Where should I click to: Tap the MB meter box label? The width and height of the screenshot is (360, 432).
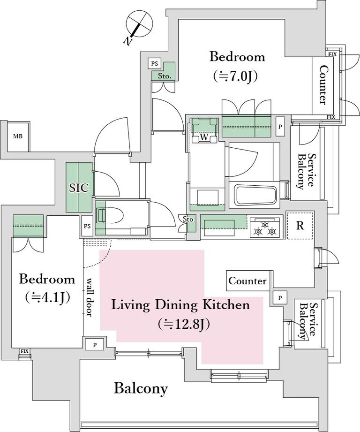point(18,136)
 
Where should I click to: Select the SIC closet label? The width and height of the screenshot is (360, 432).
point(79,188)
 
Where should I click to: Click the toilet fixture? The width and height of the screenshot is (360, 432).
point(110,215)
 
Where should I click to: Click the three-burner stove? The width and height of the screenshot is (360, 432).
point(265,227)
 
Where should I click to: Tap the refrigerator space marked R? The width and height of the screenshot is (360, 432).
point(300,225)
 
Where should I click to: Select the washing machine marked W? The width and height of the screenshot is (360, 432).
point(204,130)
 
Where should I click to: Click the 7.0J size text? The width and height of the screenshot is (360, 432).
point(236,76)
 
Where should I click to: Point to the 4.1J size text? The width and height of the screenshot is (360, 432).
point(47,297)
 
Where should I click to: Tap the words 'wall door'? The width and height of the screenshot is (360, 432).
point(89,297)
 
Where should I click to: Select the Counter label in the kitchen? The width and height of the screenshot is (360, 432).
point(247,281)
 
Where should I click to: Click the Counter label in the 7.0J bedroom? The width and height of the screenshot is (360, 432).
point(322,85)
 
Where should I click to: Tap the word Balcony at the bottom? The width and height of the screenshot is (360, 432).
point(141,389)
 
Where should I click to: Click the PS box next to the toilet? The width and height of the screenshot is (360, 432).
point(87,226)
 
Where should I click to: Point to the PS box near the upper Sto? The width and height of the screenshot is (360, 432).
point(154,64)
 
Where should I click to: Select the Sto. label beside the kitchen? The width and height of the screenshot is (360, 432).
point(189,220)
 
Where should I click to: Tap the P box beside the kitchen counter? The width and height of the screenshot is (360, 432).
point(280,297)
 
